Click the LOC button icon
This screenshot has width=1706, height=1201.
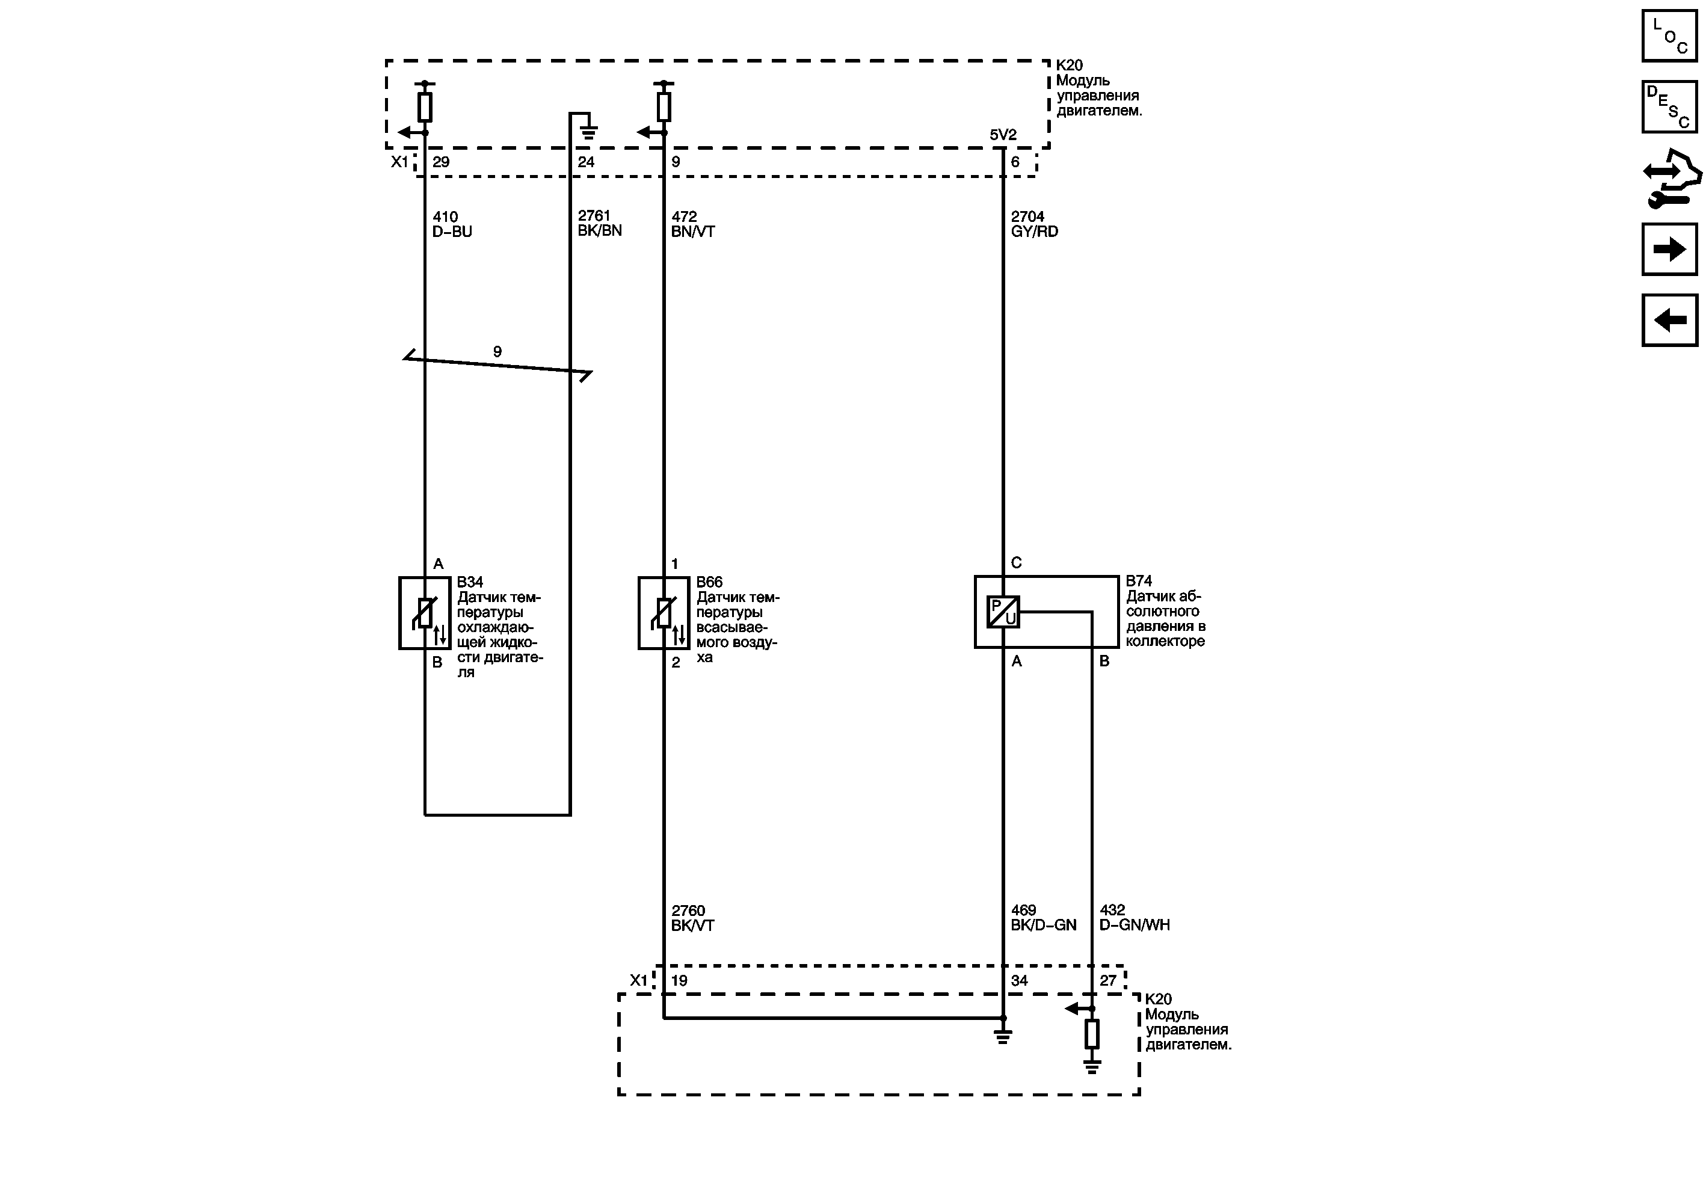(x=1669, y=35)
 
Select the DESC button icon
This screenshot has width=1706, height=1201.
(x=1669, y=106)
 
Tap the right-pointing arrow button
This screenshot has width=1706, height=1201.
(x=1669, y=249)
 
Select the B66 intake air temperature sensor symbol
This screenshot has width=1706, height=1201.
(x=664, y=613)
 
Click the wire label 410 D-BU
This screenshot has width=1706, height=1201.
(x=452, y=224)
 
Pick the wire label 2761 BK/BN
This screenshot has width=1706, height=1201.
(x=599, y=223)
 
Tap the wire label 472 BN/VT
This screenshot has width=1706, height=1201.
(x=692, y=224)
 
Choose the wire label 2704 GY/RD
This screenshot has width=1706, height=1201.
(x=1034, y=224)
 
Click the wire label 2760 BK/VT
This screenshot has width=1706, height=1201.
(x=692, y=918)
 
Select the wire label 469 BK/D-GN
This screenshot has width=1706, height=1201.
(x=1043, y=917)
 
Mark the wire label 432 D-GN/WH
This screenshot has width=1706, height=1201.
(x=1134, y=917)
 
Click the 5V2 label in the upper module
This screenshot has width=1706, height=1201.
(x=1002, y=135)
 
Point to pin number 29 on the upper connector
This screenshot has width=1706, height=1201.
(x=440, y=162)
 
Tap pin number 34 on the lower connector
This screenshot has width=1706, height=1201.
(x=1018, y=980)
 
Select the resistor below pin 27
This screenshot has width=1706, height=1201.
(x=1091, y=1034)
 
